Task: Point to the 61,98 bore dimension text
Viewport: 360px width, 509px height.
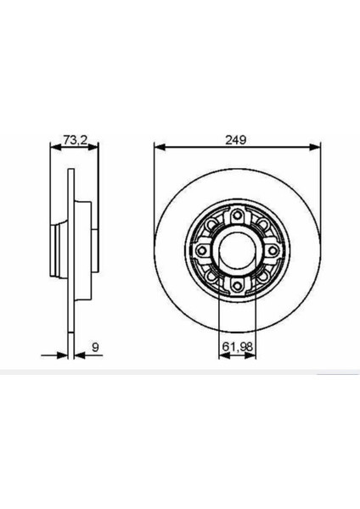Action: (237, 346)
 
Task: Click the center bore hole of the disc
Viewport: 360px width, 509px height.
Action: (237, 251)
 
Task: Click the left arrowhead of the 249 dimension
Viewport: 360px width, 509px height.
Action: (158, 147)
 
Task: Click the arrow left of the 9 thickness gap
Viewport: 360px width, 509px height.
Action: (62, 355)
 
